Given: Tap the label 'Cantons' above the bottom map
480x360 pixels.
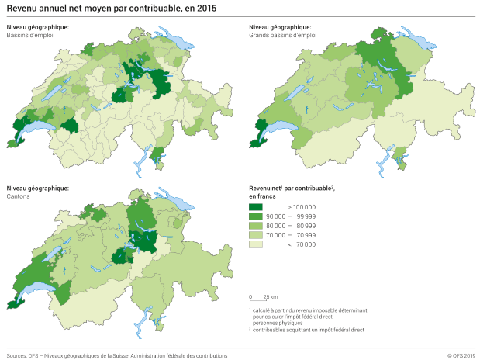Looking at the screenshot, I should click(x=19, y=195).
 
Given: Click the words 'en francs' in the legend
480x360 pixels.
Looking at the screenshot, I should click(x=262, y=196).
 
